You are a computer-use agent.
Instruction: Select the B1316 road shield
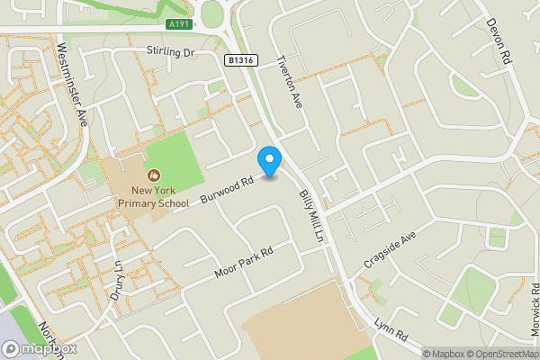tap(238, 58)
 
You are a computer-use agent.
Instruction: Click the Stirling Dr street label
tap(171, 53)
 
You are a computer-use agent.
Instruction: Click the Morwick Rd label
tap(533, 311)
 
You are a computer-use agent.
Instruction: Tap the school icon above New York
tap(152, 175)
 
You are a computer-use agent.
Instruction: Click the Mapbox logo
tap(40, 348)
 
